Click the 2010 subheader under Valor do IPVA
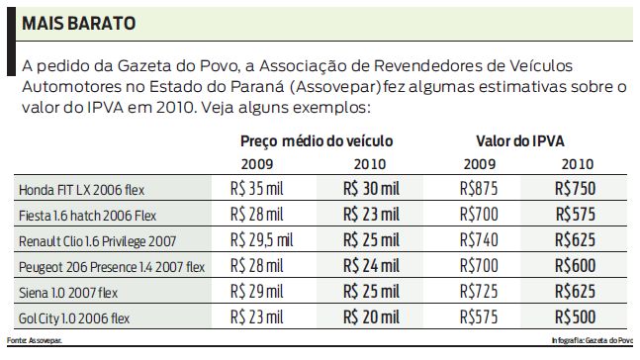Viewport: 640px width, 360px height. pyautogui.click(x=576, y=163)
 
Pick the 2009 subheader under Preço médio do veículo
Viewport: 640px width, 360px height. pyautogui.click(x=258, y=163)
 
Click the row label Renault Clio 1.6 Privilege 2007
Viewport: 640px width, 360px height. pyautogui.click(x=99, y=240)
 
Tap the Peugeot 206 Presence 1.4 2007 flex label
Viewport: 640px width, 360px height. pyautogui.click(x=112, y=266)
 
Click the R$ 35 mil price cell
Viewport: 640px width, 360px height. pyautogui.click(x=257, y=188)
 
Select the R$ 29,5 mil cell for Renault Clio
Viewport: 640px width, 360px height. pyautogui.click(x=261, y=239)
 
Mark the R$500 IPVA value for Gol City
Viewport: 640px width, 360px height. pyautogui.click(x=576, y=317)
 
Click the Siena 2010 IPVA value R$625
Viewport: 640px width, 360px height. pyautogui.click(x=576, y=292)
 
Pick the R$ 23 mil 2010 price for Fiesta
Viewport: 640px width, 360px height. pyautogui.click(x=371, y=214)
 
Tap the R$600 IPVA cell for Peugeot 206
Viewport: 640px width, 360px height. pyautogui.click(x=576, y=266)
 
